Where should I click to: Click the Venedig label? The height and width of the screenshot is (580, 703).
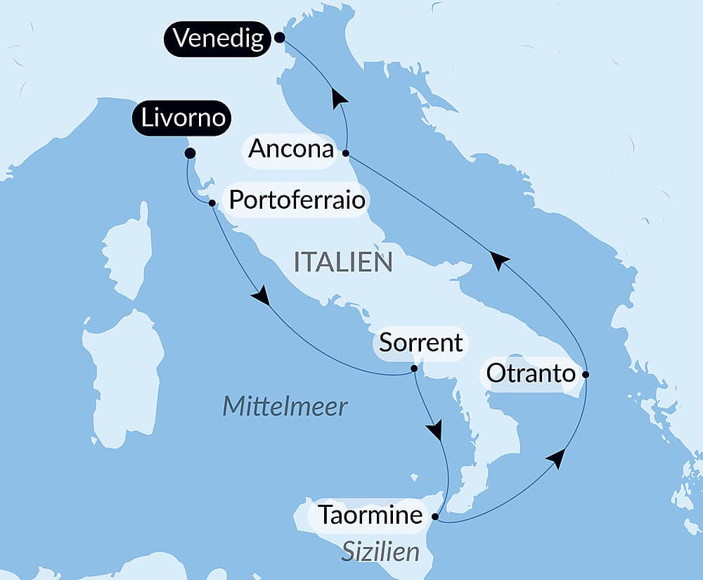pyautogui.click(x=219, y=38)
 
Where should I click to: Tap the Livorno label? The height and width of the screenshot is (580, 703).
pyautogui.click(x=183, y=118)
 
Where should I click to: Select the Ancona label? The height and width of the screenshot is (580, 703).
pyautogui.click(x=290, y=149)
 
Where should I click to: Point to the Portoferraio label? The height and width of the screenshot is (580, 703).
pyautogui.click(x=297, y=200)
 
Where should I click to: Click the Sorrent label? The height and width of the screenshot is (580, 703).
pyautogui.click(x=420, y=343)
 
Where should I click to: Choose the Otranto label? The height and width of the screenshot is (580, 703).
pyautogui.click(x=531, y=373)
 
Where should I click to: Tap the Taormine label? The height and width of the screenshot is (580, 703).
pyautogui.click(x=370, y=515)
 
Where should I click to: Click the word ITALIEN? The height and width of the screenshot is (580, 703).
pyautogui.click(x=343, y=262)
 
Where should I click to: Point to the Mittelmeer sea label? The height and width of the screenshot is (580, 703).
pyautogui.click(x=285, y=406)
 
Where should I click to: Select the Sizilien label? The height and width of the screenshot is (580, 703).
pyautogui.click(x=380, y=551)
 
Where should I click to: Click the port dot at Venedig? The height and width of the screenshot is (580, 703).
pyautogui.click(x=279, y=37)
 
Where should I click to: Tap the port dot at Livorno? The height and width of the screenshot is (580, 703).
pyautogui.click(x=189, y=153)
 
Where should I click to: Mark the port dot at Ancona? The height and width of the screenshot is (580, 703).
pyautogui.click(x=345, y=152)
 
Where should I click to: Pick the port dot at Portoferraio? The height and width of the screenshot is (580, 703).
pyautogui.click(x=212, y=202)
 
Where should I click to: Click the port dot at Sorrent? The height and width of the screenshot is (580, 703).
pyautogui.click(x=414, y=368)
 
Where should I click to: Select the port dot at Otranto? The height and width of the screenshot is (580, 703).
pyautogui.click(x=586, y=374)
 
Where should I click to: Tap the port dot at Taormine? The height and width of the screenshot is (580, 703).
pyautogui.click(x=434, y=517)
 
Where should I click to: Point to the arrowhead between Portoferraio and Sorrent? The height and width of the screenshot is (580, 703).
pyautogui.click(x=261, y=295)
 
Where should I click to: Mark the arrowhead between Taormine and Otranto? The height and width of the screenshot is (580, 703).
pyautogui.click(x=556, y=458)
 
